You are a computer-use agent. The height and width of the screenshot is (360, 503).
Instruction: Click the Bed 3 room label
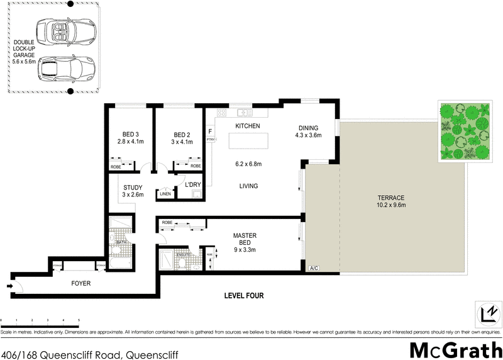click(x=131, y=138)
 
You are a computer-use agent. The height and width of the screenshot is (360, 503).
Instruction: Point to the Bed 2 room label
click(x=182, y=138)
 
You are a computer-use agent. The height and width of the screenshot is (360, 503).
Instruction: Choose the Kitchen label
click(x=248, y=127)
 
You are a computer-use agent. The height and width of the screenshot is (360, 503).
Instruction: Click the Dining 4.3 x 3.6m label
click(x=309, y=131)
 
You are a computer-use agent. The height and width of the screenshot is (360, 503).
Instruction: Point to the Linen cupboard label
click(x=165, y=194)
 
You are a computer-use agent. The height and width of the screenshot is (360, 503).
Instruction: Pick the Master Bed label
click(x=244, y=240)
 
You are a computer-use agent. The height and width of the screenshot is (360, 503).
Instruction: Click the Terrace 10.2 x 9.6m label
click(x=391, y=201)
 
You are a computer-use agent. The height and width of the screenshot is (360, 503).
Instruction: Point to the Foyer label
click(x=80, y=284)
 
